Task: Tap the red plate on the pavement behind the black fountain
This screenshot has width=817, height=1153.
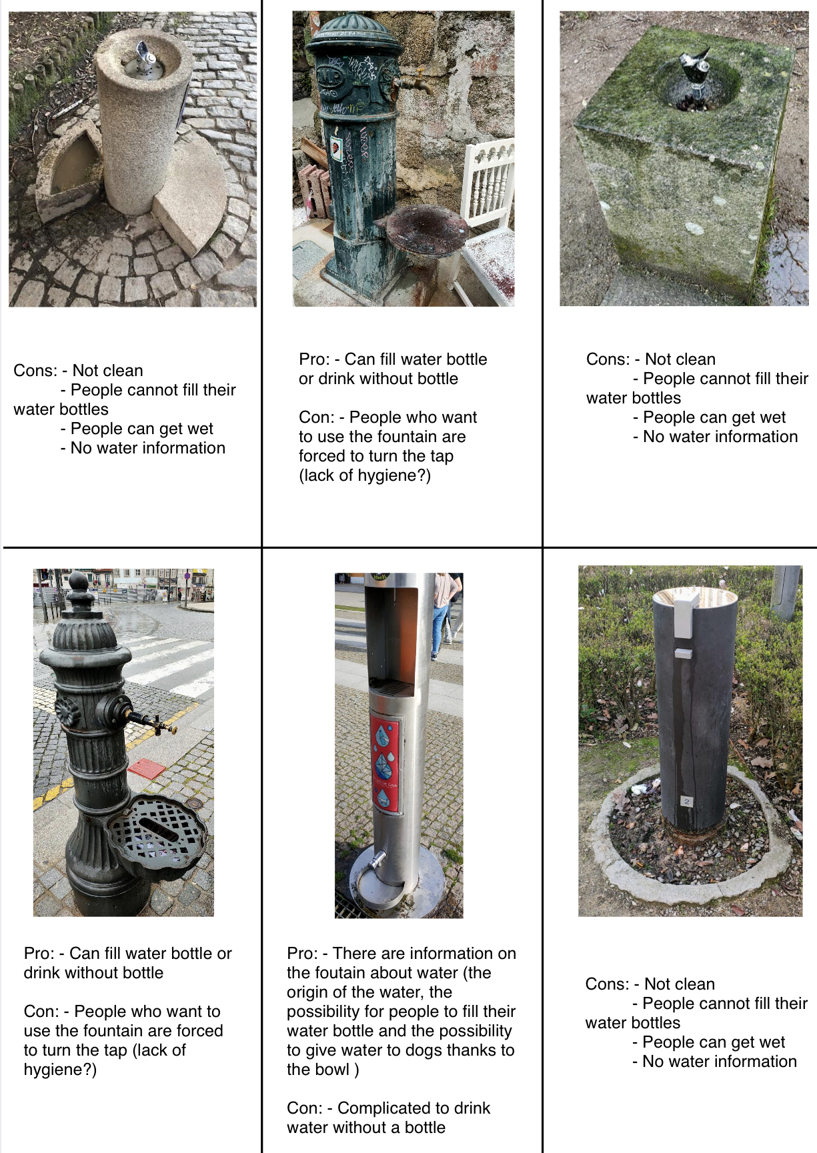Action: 147,769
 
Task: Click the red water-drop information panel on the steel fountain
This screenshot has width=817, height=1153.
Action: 385,765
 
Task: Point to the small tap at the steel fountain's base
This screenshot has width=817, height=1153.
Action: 377,860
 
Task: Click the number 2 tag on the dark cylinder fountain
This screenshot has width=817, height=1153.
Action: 687,802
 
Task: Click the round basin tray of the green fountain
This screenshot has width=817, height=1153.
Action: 419,229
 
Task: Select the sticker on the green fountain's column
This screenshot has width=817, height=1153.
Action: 337,149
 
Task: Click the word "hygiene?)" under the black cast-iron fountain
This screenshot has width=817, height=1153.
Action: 60,1070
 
